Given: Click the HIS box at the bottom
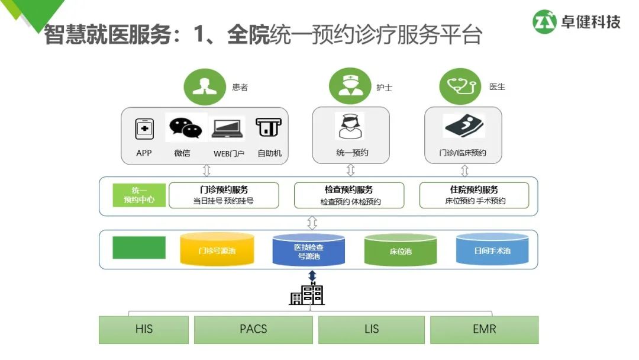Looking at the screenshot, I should (144, 329).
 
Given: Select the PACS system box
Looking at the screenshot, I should (253, 329).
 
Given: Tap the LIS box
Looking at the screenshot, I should (372, 329).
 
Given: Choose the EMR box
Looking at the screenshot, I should (484, 329).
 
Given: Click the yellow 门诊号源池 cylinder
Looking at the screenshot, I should (217, 249).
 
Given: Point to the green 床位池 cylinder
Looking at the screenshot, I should (401, 250).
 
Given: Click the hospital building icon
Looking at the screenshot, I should (306, 294).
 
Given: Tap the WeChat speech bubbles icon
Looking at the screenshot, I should (186, 128).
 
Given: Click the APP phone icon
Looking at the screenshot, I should (144, 128).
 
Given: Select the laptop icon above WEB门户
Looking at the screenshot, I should (228, 128).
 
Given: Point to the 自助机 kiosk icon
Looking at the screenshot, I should (269, 127).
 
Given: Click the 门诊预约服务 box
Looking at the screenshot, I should (224, 195).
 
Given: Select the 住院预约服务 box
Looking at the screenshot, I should (474, 195).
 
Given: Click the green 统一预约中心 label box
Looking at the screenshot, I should (139, 195).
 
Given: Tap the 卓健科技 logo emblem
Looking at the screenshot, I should (545, 22).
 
